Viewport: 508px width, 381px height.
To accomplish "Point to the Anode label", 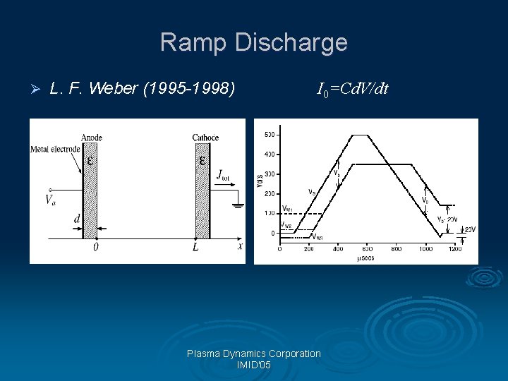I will coord(92,137).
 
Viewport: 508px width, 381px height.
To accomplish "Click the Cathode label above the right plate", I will coord(205,137).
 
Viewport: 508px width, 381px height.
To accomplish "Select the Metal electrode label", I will coord(55,149).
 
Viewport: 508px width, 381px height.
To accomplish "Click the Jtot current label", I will coord(224,174).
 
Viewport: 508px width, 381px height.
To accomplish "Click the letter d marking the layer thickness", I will coord(77,219).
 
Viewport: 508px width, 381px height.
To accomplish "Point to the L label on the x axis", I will coord(195,248).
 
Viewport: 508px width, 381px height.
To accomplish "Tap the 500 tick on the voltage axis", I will coord(270,135).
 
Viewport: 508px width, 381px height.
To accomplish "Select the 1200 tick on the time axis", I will coord(454,248).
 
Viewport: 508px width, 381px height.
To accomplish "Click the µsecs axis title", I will coord(364,258).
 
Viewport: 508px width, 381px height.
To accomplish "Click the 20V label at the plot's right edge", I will coord(469,229).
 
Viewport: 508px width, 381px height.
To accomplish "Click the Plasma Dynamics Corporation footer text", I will coord(254,353).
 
